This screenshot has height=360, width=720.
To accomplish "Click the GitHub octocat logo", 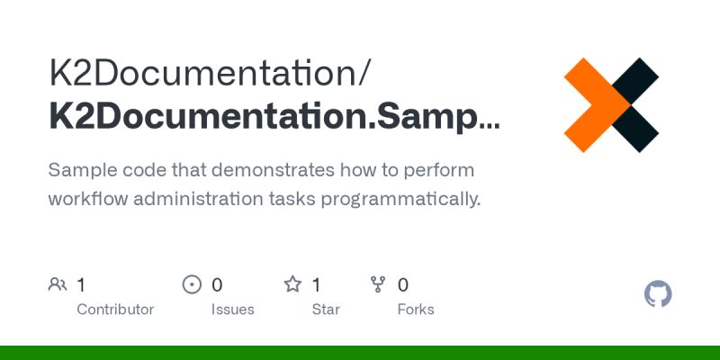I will click(659, 294).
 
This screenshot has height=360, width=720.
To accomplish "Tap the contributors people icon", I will click(57, 285).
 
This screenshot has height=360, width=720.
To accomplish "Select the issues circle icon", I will click(192, 285).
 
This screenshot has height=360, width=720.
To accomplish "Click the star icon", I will click(292, 285).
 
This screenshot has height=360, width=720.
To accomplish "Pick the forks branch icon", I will click(378, 285).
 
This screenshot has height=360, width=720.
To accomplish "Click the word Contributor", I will click(115, 310).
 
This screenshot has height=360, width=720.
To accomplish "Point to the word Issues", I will click(233, 310).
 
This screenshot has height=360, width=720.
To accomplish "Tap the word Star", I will click(326, 310).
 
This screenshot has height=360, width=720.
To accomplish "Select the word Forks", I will click(416, 310).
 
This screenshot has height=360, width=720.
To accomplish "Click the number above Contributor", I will click(81, 285).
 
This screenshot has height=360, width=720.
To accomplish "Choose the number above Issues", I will click(217, 285).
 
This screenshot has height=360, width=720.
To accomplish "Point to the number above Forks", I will click(403, 285).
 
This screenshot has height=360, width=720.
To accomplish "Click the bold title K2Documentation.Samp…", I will click(274, 118).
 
